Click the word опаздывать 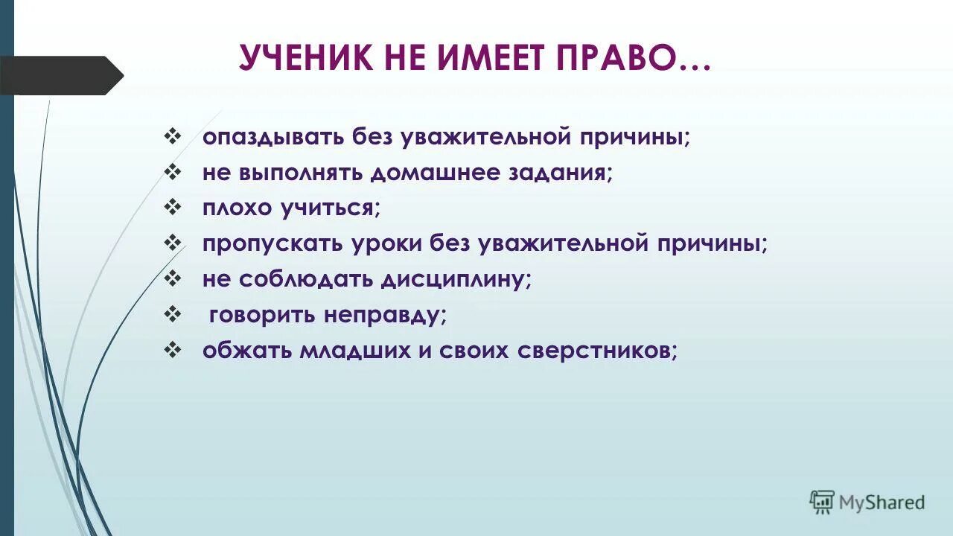point(269,138)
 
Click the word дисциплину point(456,279)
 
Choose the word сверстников point(584,351)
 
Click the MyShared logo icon point(822,502)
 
